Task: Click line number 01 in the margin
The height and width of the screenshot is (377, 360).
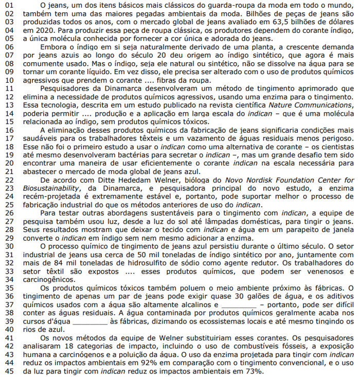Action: point(9,4)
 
